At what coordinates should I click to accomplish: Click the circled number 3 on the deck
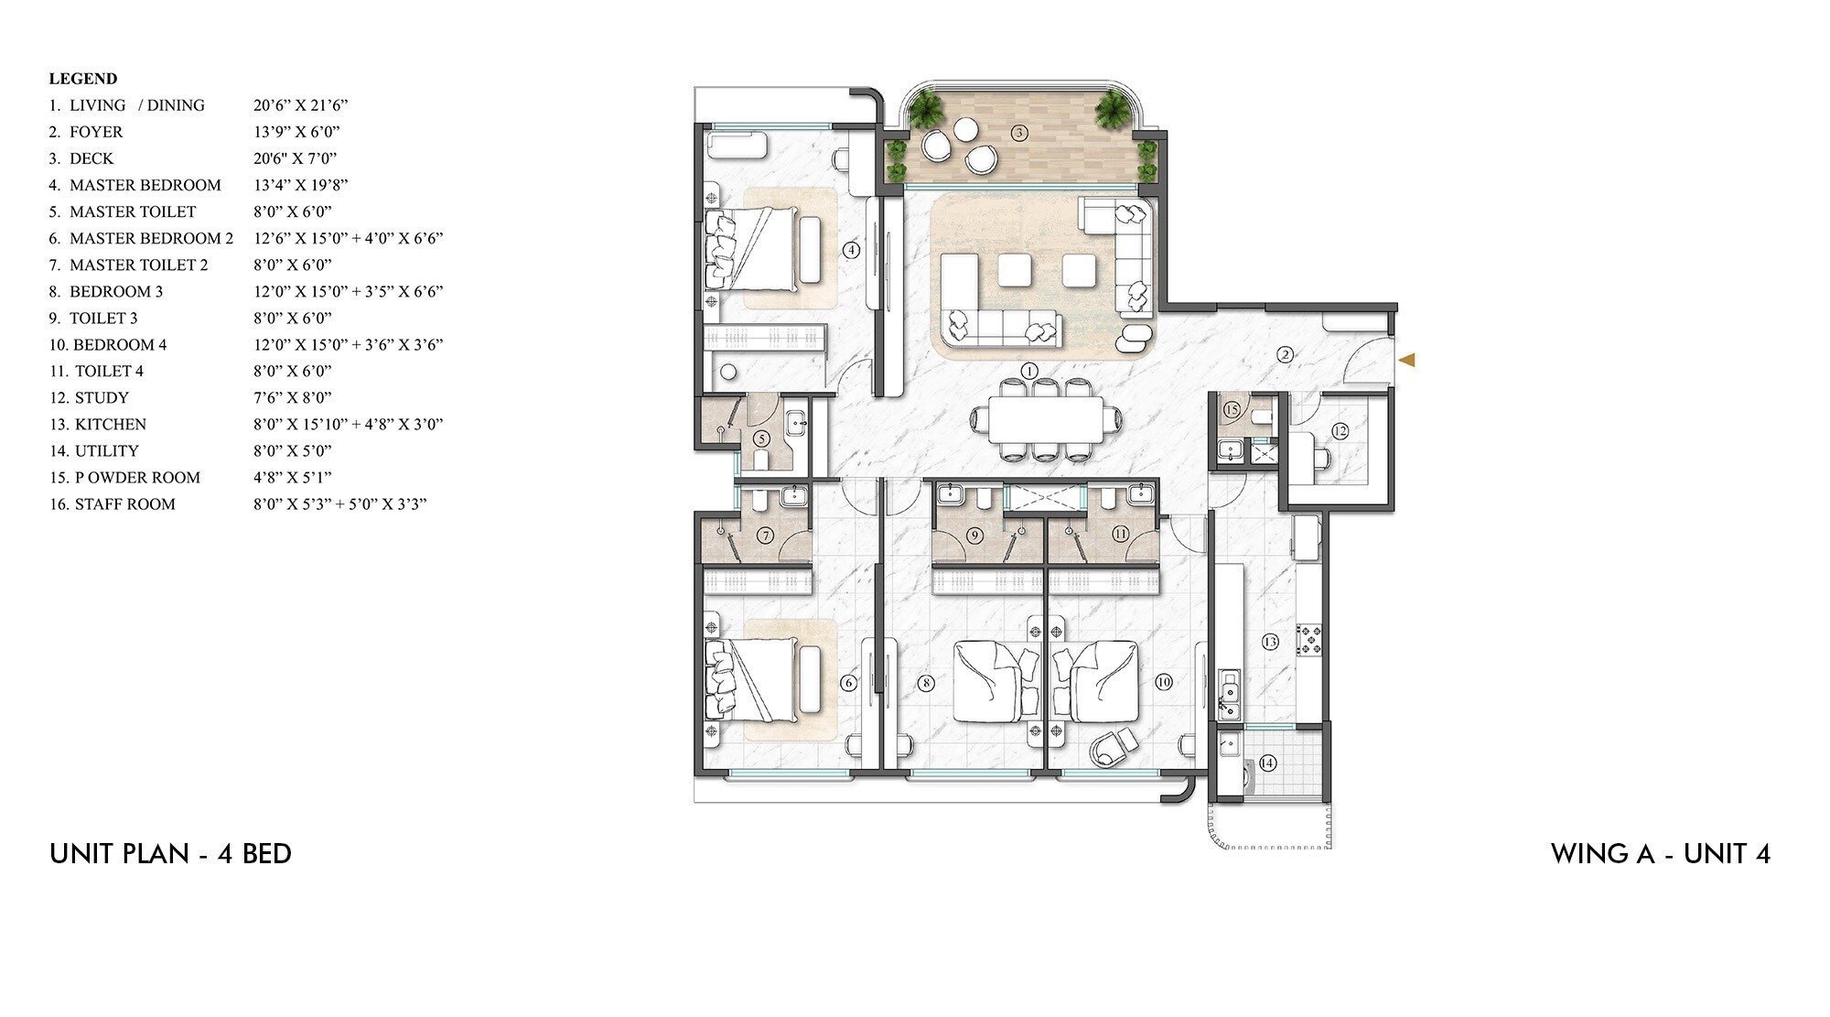[x=1019, y=133]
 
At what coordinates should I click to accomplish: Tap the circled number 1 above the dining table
[x=1029, y=371]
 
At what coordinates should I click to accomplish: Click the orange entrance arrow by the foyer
[x=1407, y=360]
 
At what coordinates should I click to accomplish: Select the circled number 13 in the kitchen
[x=1270, y=642]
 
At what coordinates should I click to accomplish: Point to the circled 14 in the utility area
[x=1267, y=763]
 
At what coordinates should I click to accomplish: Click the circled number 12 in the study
[x=1340, y=431]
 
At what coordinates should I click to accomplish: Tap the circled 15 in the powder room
[x=1232, y=409]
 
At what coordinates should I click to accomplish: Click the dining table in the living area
[x=1045, y=420]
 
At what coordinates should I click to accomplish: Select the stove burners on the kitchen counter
[x=1309, y=639]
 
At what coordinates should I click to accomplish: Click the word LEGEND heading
[x=83, y=79]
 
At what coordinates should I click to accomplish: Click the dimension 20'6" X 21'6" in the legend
[x=300, y=105]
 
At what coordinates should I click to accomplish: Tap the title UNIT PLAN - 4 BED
[x=170, y=854]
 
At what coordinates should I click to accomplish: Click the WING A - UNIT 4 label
[x=1660, y=854]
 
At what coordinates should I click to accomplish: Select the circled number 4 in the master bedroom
[x=851, y=249]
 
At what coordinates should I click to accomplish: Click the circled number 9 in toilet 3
[x=974, y=536]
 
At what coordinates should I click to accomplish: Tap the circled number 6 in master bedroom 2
[x=848, y=683]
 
